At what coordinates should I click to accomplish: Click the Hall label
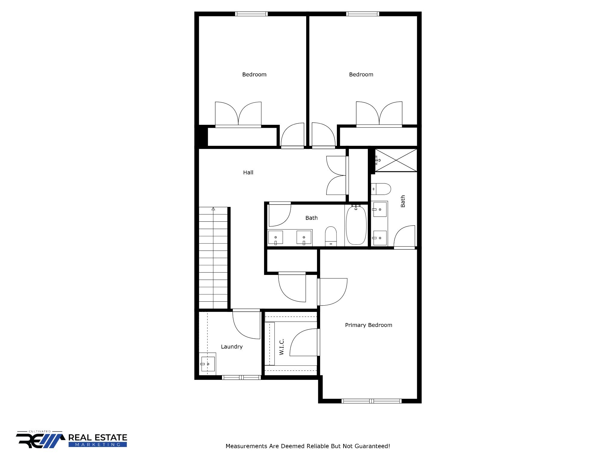click(x=248, y=172)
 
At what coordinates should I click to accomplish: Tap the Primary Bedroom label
click(x=368, y=325)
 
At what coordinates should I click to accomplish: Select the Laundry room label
click(x=232, y=346)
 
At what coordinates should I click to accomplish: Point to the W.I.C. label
click(x=282, y=347)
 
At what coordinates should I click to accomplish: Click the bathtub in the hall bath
click(x=356, y=225)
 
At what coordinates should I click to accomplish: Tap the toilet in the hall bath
click(x=331, y=236)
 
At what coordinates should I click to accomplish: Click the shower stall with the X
click(x=396, y=160)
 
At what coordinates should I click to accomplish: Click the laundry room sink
click(x=208, y=364)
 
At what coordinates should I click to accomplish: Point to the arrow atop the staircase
click(x=213, y=209)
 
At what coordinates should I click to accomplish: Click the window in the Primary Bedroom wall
click(x=371, y=401)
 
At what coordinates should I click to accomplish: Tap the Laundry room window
click(x=241, y=377)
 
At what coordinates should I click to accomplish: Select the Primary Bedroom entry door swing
click(x=332, y=292)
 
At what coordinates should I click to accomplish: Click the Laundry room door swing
click(x=246, y=325)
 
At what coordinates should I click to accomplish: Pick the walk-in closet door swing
click(x=303, y=342)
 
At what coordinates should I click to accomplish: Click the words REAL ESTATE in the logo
click(x=98, y=438)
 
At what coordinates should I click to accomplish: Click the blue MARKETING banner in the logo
click(x=98, y=445)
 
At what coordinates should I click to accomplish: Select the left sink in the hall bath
click(x=276, y=238)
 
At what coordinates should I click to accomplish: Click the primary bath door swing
click(x=405, y=236)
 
